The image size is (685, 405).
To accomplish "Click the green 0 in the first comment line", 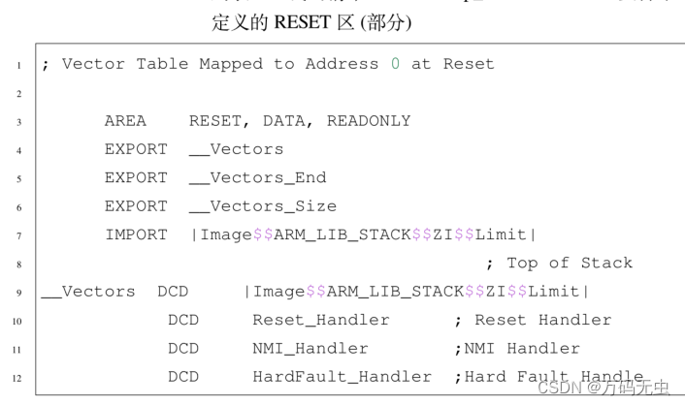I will (x=395, y=64).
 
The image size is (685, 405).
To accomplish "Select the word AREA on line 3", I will (x=125, y=121).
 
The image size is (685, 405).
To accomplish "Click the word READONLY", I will (x=369, y=121).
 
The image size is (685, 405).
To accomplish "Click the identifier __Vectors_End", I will (x=257, y=177).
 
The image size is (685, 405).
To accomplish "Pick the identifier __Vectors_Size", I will (x=262, y=205).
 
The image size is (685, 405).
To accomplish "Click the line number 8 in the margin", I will (x=18, y=264).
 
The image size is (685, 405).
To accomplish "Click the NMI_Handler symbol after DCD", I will (x=310, y=348).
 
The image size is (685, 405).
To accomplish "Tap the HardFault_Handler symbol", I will (x=342, y=376).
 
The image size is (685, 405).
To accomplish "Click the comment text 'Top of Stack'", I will (x=569, y=263).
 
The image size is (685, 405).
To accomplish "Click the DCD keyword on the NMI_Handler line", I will (x=182, y=348).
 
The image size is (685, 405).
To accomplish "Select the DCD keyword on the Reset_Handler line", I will (x=182, y=320).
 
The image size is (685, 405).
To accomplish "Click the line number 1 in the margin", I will (x=18, y=65).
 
